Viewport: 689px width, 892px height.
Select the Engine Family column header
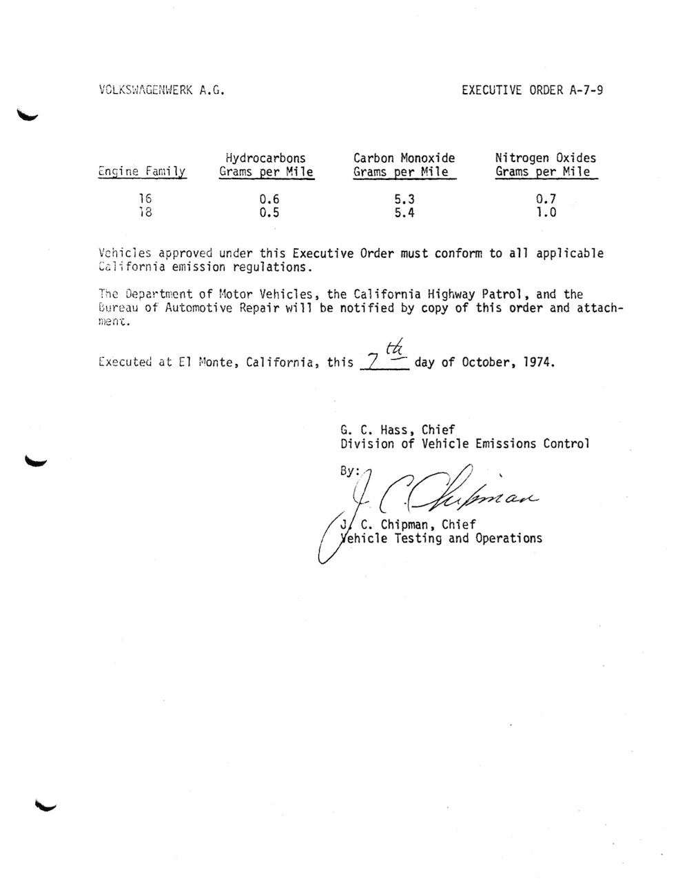142,172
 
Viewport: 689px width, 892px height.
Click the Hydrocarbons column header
266,165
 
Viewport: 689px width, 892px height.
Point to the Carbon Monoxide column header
404,165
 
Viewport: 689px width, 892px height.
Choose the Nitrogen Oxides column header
546,165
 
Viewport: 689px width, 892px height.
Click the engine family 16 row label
145,199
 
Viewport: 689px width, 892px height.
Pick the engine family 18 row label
145,212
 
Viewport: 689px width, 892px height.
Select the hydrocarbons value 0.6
269,199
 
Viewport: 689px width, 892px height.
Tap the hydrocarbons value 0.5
269,212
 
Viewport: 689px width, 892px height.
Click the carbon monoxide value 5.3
404,199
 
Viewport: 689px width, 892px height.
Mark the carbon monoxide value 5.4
404,212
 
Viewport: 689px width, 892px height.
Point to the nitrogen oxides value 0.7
546,199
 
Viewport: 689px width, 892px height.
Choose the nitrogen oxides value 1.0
546,212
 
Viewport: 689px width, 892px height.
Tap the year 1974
537,362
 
